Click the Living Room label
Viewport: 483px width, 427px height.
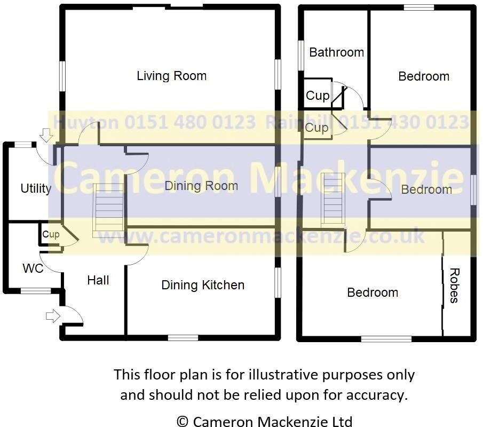pos(171,76)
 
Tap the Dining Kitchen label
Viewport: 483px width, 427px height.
pos(203,286)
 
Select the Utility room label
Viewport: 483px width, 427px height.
pos(36,188)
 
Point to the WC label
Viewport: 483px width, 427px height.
pos(33,268)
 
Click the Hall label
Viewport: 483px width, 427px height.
pos(98,280)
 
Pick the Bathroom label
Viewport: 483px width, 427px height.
pos(336,52)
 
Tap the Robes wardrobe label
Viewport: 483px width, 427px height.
pos(454,286)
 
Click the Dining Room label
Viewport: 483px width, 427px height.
pos(201,186)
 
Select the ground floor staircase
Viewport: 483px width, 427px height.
pos(109,210)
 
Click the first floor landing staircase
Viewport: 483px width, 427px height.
pos(332,201)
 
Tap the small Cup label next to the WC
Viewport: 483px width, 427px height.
pos(51,234)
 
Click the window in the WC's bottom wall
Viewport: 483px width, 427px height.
pos(36,291)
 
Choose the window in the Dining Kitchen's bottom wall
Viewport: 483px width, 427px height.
pos(183,337)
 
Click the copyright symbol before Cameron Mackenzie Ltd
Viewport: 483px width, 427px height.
pos(182,422)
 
